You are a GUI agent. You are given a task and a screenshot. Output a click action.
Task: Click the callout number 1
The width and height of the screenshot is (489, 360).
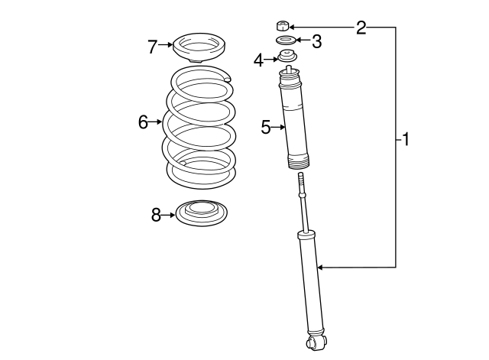tap(406, 139)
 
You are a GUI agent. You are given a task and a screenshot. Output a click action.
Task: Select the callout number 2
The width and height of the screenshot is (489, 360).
tap(361, 28)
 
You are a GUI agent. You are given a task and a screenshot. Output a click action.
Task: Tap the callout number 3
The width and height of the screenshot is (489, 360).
tap(316, 41)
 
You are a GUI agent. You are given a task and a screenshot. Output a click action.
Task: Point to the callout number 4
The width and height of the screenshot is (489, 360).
tap(259, 58)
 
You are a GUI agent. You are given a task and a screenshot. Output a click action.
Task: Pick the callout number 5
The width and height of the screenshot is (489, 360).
tap(265, 127)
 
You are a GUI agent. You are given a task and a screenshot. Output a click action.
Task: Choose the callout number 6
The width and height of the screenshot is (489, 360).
tap(143, 122)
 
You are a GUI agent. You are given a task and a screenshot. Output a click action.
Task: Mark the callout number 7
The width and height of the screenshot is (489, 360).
tap(152, 47)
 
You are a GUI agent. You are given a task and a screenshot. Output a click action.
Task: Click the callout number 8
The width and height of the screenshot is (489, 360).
tap(156, 216)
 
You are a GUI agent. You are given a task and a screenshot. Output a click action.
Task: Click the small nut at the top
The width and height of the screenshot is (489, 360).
tap(282, 25)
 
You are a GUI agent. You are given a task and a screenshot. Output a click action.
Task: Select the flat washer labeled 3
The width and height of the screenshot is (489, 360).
tap(284, 41)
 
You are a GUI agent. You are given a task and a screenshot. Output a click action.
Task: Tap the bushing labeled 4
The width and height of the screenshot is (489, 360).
tap(288, 57)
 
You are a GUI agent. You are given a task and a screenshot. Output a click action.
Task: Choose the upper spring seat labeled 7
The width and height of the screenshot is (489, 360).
tap(197, 48)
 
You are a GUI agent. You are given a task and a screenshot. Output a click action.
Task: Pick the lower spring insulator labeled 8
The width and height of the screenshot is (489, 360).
tap(202, 212)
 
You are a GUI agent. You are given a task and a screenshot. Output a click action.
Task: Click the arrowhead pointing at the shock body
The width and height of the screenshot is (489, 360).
tap(321, 267)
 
